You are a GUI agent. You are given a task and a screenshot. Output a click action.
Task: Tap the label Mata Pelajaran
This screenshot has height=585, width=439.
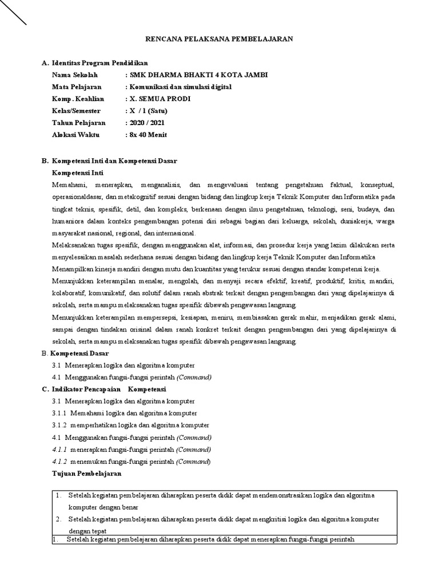pyautogui.click(x=77, y=87)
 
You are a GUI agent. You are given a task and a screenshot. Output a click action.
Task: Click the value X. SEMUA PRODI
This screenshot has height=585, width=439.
pyautogui.click(x=161, y=99)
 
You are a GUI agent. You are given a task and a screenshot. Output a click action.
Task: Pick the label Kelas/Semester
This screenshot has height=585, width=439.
pyautogui.click(x=76, y=111)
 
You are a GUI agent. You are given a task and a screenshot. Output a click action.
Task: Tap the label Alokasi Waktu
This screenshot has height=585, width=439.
pyautogui.click(x=75, y=135)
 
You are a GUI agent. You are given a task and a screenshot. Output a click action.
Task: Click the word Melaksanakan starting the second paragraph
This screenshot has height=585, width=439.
pyautogui.click(x=73, y=245)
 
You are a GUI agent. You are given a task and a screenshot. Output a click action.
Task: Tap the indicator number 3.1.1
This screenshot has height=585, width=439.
pyautogui.click(x=59, y=413)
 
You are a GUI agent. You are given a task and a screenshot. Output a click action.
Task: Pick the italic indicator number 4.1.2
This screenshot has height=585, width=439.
pyautogui.click(x=59, y=461)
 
